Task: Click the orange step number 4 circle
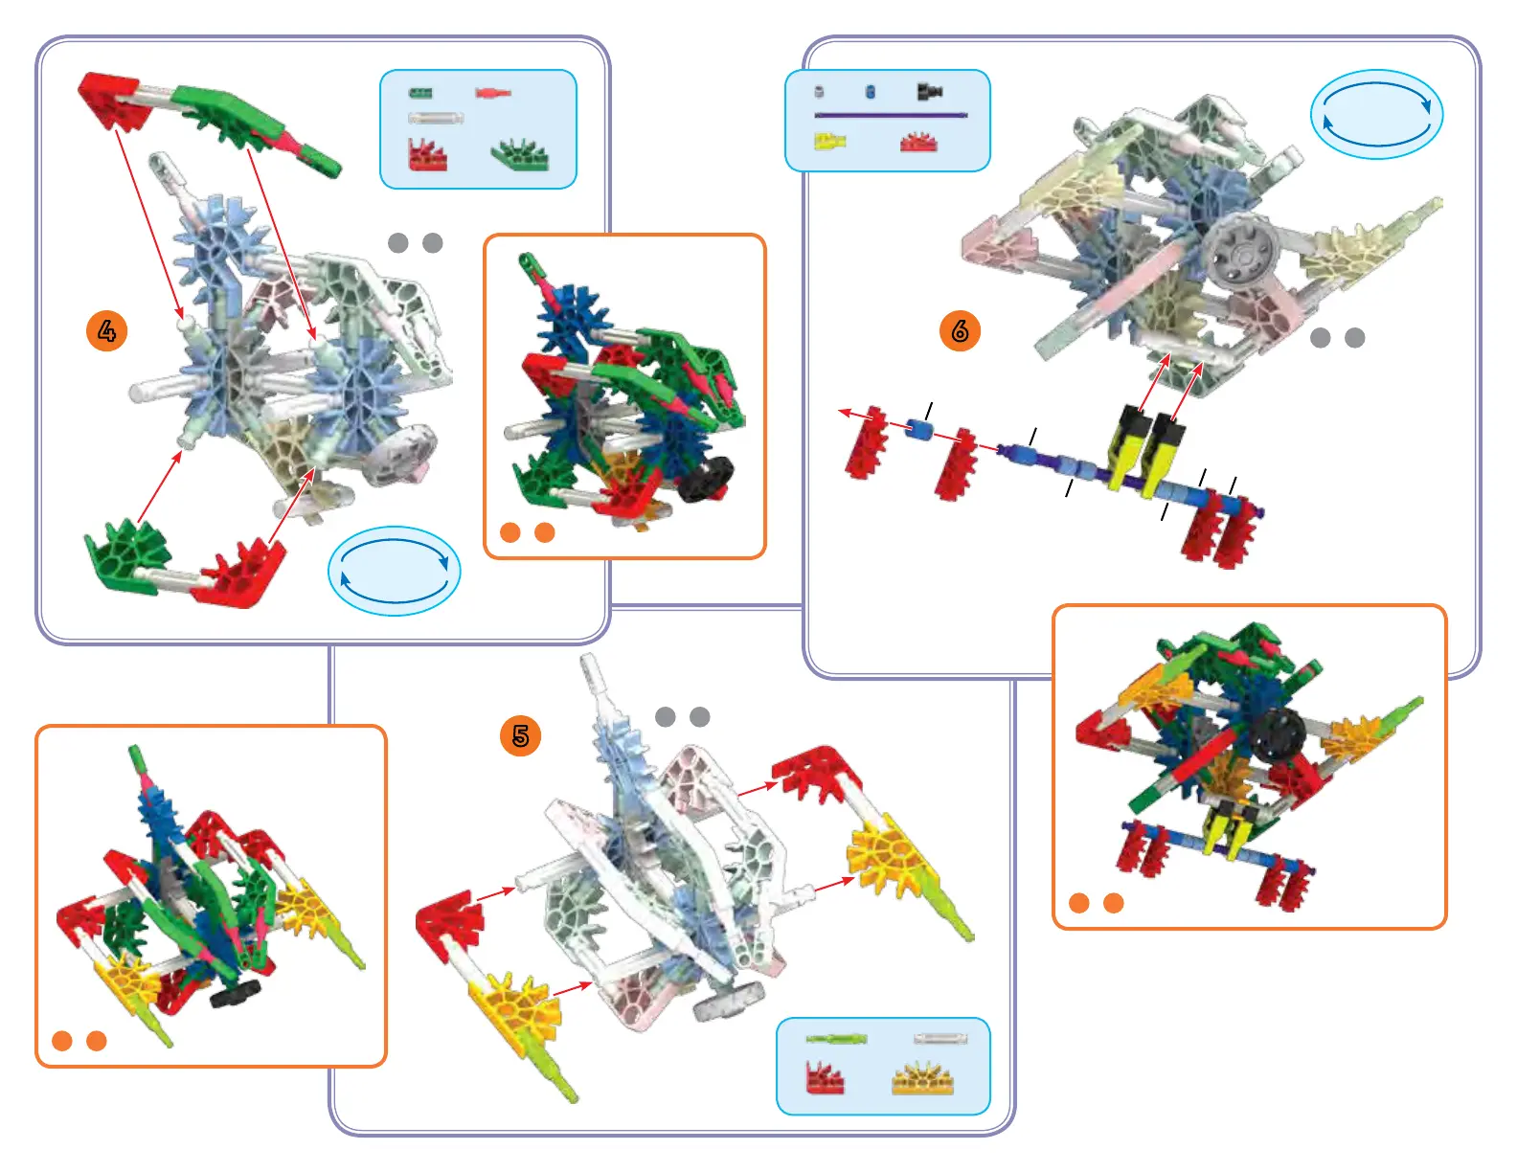[x=106, y=331]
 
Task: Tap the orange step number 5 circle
[x=520, y=735]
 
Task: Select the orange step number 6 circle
[x=960, y=331]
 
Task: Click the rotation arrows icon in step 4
[x=395, y=571]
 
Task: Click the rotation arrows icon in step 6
[x=1376, y=114]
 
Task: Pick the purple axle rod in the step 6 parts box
[x=891, y=115]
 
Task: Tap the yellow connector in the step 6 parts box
[x=829, y=142]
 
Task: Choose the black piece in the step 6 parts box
[x=929, y=91]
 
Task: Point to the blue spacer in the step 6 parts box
[x=870, y=91]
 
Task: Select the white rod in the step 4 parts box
[x=436, y=119]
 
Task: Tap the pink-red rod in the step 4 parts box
[x=493, y=93]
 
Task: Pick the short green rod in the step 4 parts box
[x=420, y=93]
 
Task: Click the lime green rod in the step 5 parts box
[x=836, y=1039]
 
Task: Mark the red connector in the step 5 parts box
[x=825, y=1078]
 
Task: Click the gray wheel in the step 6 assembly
[x=1240, y=251]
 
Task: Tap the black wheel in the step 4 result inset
[x=706, y=478]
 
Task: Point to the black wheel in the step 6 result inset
[x=1277, y=735]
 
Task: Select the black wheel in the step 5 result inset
[x=236, y=993]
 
